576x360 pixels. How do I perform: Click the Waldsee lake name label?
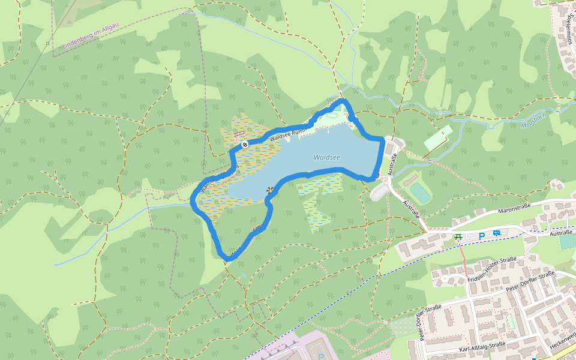(326, 157)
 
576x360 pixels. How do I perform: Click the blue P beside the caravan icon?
(481, 236)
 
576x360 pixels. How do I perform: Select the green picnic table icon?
(458, 237)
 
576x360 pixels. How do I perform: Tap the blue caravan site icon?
(496, 234)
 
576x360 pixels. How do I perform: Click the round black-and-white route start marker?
(245, 144)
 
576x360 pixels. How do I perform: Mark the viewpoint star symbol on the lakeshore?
(269, 191)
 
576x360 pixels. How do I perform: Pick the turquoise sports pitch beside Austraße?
(420, 193)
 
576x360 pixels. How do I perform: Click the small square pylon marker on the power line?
(47, 43)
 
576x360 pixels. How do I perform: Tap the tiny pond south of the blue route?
(243, 276)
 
